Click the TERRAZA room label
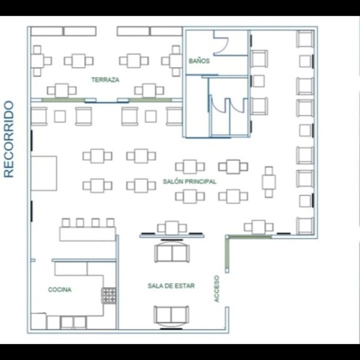(x=105, y=80)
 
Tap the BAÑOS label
(x=199, y=61)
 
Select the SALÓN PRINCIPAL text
(x=190, y=182)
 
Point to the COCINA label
(x=60, y=290)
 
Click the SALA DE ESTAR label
(x=172, y=286)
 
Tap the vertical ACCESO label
(x=217, y=289)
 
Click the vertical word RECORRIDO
(x=9, y=139)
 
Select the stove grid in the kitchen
(x=109, y=295)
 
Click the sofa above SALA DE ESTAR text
(x=172, y=252)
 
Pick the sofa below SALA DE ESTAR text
(x=172, y=316)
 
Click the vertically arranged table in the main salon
(x=269, y=182)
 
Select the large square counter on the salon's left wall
(x=44, y=173)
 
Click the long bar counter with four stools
(x=87, y=234)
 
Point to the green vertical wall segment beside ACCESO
(x=227, y=253)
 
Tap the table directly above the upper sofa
(x=172, y=228)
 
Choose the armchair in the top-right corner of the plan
(x=305, y=39)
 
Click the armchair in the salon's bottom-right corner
(x=305, y=226)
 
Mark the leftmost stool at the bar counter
(x=66, y=223)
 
